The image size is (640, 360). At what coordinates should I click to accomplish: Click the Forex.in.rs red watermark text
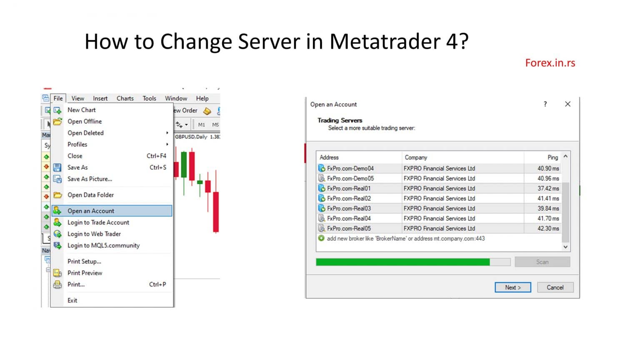(550, 63)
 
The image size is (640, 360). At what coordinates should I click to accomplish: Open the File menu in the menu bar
(58, 98)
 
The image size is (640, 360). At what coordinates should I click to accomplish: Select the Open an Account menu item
(91, 211)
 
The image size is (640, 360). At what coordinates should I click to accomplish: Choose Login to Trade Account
(98, 222)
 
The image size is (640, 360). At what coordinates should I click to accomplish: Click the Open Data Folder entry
(90, 195)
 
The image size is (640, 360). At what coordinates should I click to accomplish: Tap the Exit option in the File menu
(72, 300)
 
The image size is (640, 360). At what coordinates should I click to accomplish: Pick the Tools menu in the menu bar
(149, 98)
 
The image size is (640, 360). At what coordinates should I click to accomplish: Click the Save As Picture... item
(90, 179)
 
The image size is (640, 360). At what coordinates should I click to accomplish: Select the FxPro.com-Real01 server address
(349, 188)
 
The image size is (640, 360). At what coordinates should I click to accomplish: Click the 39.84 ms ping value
(548, 208)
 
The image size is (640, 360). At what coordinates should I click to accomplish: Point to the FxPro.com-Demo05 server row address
(350, 178)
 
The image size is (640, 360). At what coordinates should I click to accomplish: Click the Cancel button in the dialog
(555, 287)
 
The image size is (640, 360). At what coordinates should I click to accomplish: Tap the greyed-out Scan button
(542, 262)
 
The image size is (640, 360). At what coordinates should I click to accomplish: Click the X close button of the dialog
(567, 104)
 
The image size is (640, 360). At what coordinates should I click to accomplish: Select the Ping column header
(552, 157)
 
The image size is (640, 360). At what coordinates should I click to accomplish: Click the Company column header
(416, 157)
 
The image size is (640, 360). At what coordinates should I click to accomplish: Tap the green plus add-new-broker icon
(321, 238)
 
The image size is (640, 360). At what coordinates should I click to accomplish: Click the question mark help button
(545, 104)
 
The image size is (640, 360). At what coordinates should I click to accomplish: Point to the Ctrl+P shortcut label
(157, 285)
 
